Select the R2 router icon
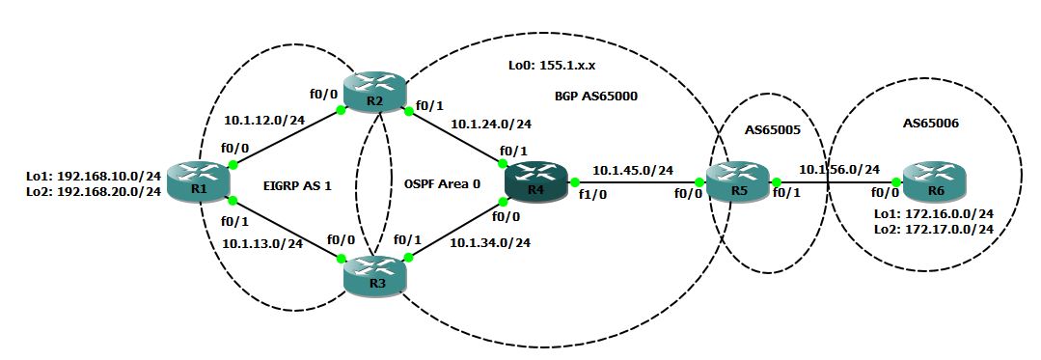point(374,97)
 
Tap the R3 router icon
point(375,274)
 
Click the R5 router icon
point(738,181)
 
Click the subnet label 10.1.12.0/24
point(263,121)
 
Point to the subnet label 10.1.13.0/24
point(263,243)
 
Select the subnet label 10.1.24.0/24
point(492,124)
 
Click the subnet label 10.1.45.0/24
point(633,170)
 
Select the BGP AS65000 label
point(595,97)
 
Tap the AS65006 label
point(932,124)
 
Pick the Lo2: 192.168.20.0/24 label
point(93,193)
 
